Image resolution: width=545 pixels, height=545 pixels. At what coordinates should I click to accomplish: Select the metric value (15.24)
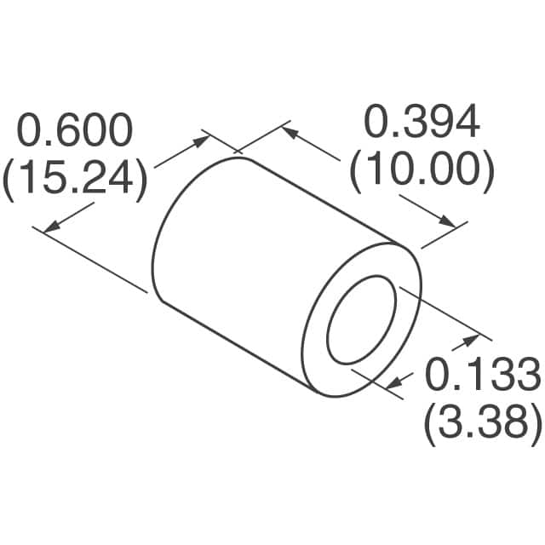tap(75, 179)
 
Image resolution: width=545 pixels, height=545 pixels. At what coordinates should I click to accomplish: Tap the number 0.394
tap(422, 123)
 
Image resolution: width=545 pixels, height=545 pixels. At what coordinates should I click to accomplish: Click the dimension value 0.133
tap(483, 376)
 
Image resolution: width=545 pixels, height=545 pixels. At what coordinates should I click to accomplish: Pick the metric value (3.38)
tap(483, 422)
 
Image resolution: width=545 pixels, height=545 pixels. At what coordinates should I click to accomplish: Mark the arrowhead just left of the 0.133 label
tap(469, 341)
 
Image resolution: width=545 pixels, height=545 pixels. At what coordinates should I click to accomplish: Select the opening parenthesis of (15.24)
tap(9, 180)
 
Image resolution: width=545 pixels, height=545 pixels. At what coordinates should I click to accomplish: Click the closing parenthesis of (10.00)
tap(488, 171)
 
